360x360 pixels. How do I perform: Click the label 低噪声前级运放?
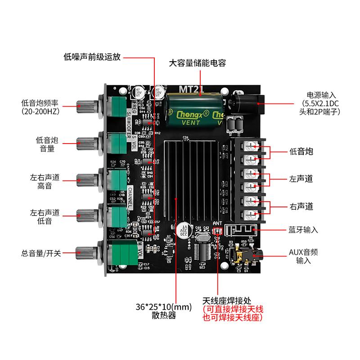tap(92, 57)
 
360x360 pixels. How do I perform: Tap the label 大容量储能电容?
tap(197, 63)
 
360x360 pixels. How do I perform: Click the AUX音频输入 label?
tap(303, 256)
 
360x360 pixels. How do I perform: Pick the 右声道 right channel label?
tap(301, 207)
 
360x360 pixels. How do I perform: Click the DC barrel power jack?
tap(245, 103)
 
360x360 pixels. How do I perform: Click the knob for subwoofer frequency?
tap(88, 107)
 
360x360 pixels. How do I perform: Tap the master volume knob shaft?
tap(88, 253)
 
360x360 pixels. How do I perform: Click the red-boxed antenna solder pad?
tap(217, 231)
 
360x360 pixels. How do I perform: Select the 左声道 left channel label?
tap(301, 179)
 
